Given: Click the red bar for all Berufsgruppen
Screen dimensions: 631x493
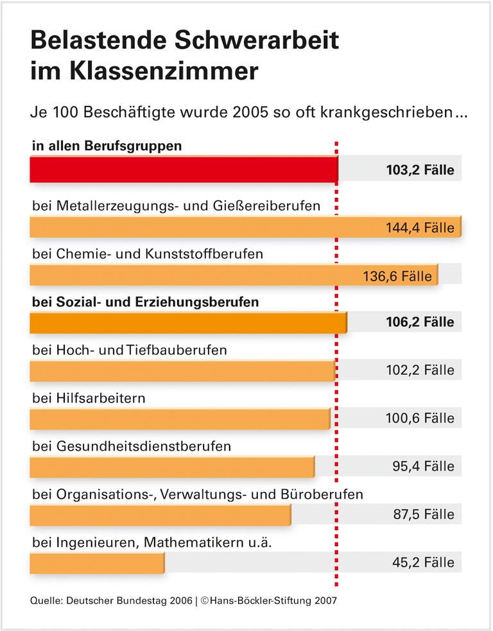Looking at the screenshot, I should click(x=183, y=170).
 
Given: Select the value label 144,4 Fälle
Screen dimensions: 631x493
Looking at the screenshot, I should click(x=420, y=228).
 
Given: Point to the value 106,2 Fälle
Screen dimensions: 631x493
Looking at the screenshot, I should click(x=420, y=322).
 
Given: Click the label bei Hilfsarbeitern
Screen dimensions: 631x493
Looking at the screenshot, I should click(x=89, y=398).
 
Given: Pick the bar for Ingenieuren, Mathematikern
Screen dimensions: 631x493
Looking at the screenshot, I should click(x=96, y=562).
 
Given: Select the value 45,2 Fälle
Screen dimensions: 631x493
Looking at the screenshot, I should click(x=423, y=562).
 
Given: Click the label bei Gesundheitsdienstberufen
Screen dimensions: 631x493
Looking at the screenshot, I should click(x=132, y=446).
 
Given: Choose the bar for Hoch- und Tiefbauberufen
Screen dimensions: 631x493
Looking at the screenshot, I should click(x=182, y=370).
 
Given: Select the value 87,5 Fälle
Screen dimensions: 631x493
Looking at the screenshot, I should click(x=423, y=514).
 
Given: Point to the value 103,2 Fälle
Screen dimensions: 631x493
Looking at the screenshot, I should click(x=420, y=171).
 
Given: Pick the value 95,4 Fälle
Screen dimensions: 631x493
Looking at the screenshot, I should click(x=423, y=466).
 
